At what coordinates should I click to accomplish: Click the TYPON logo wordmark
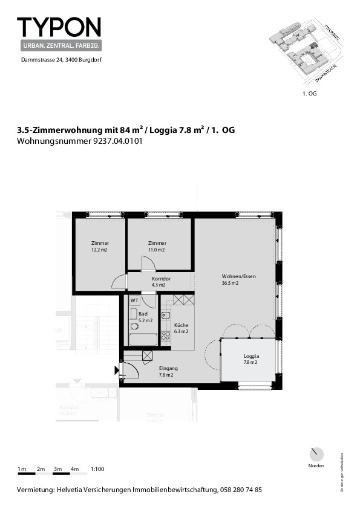59,27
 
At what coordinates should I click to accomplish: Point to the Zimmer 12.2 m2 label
100,246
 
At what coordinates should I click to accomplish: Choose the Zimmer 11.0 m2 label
157,246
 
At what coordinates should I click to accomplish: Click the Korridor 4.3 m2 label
161,281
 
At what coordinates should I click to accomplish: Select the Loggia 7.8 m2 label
250,359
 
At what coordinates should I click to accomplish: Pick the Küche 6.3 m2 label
182,328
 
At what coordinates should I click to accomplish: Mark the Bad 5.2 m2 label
145,317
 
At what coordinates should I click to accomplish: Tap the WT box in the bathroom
134,300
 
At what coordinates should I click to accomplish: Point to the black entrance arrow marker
117,371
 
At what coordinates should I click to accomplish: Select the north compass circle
315,454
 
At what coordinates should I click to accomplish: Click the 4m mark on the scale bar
75,469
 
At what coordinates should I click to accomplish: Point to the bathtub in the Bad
143,339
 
